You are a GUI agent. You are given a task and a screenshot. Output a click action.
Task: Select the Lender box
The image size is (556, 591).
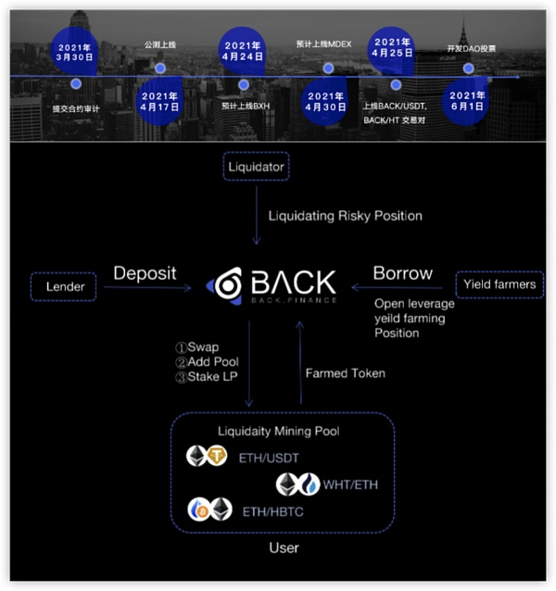pyautogui.click(x=66, y=287)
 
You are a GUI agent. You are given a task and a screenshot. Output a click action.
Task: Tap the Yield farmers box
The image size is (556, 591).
pyautogui.click(x=499, y=283)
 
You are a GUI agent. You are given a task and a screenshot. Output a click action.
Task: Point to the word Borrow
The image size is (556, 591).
pyautogui.click(x=402, y=273)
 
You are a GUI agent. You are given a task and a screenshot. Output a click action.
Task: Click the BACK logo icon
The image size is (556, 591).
pyautogui.click(x=225, y=285)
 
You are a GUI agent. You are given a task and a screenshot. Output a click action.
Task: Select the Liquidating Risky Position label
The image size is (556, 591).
pyautogui.click(x=345, y=216)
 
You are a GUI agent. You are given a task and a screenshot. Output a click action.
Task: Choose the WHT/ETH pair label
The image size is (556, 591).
pyautogui.click(x=350, y=484)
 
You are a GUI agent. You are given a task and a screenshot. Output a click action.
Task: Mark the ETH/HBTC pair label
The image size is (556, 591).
pyautogui.click(x=272, y=509)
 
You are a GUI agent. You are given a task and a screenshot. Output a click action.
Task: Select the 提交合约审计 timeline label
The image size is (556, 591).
pyautogui.click(x=77, y=108)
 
